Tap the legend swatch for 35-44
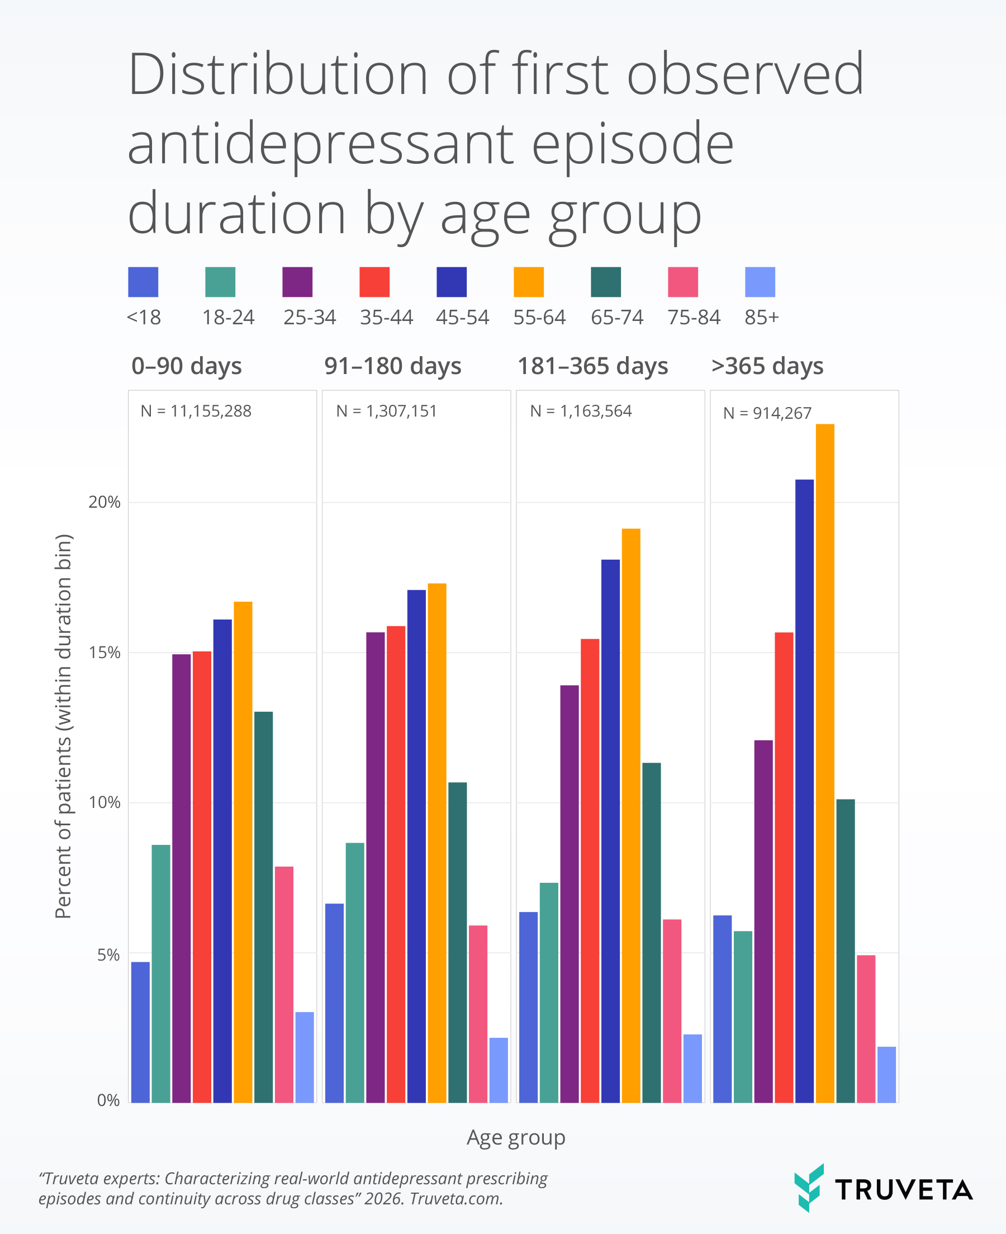[374, 282]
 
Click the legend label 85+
[761, 318]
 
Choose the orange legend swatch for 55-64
[529, 282]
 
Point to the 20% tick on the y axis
[105, 503]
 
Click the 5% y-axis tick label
[108, 955]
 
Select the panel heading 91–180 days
[392, 366]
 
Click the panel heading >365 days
[767, 366]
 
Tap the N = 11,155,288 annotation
[196, 412]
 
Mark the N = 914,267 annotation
[767, 413]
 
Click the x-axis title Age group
[516, 1138]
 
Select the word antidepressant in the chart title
[320, 144]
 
